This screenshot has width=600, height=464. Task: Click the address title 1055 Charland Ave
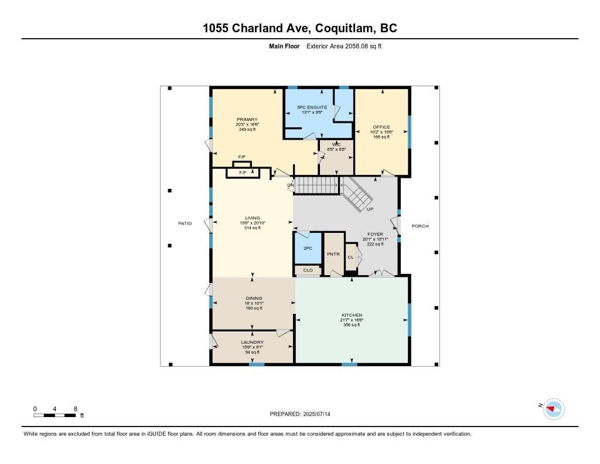pyautogui.click(x=300, y=28)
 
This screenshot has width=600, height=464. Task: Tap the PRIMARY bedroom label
pyautogui.click(x=247, y=120)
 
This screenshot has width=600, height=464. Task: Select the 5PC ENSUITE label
pyautogui.click(x=312, y=107)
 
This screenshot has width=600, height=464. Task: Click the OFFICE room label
pyautogui.click(x=381, y=127)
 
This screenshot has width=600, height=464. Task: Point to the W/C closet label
pyautogui.click(x=336, y=144)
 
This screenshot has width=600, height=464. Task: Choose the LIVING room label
pyautogui.click(x=253, y=218)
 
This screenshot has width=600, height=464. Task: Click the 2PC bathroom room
pyautogui.click(x=308, y=248)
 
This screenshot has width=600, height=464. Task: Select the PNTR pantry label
pyautogui.click(x=334, y=255)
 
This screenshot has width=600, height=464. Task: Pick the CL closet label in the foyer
pyautogui.click(x=350, y=257)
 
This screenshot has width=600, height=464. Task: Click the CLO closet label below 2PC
pyautogui.click(x=308, y=270)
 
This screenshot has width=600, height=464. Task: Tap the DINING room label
pyautogui.click(x=254, y=298)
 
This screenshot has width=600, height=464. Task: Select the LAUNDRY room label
pyautogui.click(x=252, y=342)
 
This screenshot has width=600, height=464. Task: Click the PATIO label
pyautogui.click(x=185, y=223)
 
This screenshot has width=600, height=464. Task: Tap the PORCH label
pyautogui.click(x=420, y=226)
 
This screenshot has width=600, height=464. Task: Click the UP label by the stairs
pyautogui.click(x=370, y=209)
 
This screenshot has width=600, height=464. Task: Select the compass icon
pyautogui.click(x=553, y=408)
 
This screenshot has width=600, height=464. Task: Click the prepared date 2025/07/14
pyautogui.click(x=299, y=414)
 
